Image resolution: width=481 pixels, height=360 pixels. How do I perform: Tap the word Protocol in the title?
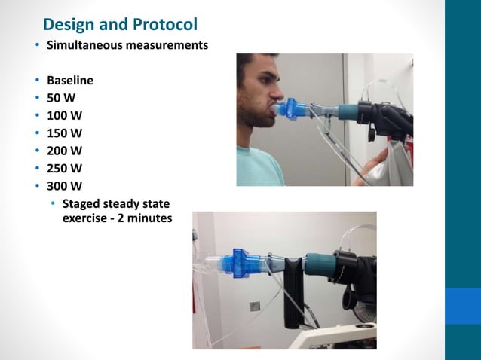(x=162, y=25)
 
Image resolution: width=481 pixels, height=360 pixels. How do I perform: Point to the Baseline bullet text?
(x=70, y=81)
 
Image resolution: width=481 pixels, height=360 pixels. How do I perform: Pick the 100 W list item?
(x=65, y=115)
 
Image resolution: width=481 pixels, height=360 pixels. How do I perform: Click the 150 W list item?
(x=65, y=133)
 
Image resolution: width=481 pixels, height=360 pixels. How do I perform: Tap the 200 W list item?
(x=65, y=151)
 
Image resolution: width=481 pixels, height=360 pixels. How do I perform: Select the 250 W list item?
(x=65, y=168)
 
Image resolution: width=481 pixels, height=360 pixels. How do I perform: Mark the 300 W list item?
(x=65, y=185)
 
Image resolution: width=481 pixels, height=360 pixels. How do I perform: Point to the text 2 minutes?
(x=142, y=218)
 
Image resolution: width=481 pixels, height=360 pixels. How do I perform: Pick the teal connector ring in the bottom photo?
(x=315, y=264)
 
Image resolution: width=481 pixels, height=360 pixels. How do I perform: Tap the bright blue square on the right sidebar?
(x=462, y=306)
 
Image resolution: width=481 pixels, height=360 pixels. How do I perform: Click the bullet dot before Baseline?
(x=37, y=81)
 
